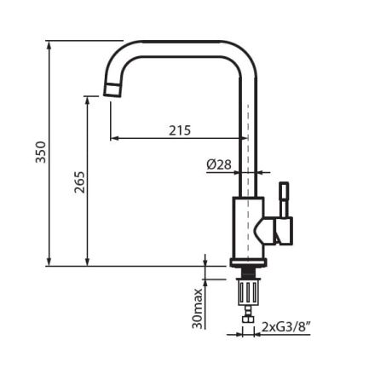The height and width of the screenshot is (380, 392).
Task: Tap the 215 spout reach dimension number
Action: pos(179,130)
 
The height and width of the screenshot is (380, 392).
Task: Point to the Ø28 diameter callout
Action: pos(219,164)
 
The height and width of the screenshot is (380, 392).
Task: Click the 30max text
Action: pos(198,307)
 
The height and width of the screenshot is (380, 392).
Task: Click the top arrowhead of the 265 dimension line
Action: pos(88,99)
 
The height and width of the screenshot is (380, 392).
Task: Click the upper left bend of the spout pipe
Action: pos(120,55)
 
